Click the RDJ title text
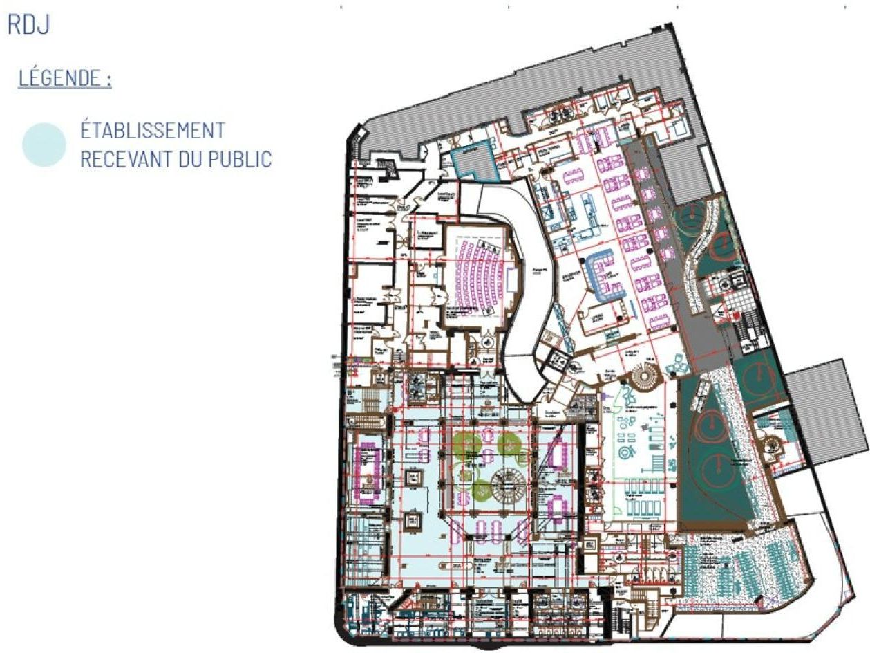coord(28,26)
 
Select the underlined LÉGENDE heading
coord(64,78)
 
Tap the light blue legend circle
coord(44,145)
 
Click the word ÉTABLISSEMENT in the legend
coord(152,130)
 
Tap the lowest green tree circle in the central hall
coord(482,492)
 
